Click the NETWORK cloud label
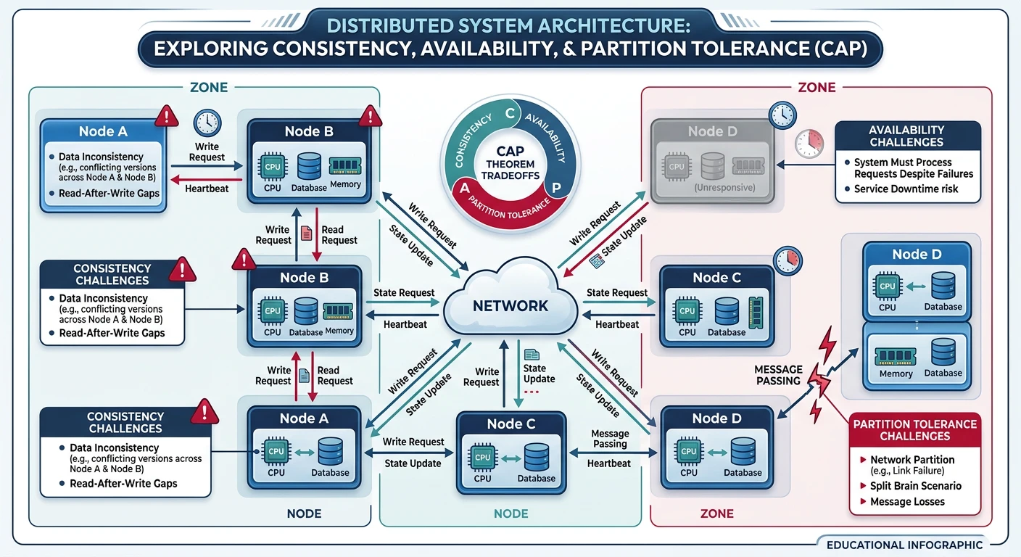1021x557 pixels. (510, 305)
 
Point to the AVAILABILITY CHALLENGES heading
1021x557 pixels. (906, 136)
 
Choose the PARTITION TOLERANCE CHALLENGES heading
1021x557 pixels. (914, 429)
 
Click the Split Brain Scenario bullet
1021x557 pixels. (915, 486)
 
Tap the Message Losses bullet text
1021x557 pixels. (906, 502)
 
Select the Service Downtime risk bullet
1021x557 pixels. (906, 189)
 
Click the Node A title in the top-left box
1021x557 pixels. (102, 131)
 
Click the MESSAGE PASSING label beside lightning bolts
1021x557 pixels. (778, 375)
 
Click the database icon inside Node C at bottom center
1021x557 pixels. (536, 457)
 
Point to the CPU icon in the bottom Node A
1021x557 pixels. (276, 451)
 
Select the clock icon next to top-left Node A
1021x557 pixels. (207, 121)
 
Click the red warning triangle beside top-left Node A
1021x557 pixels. (167, 115)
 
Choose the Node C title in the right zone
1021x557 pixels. (716, 278)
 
